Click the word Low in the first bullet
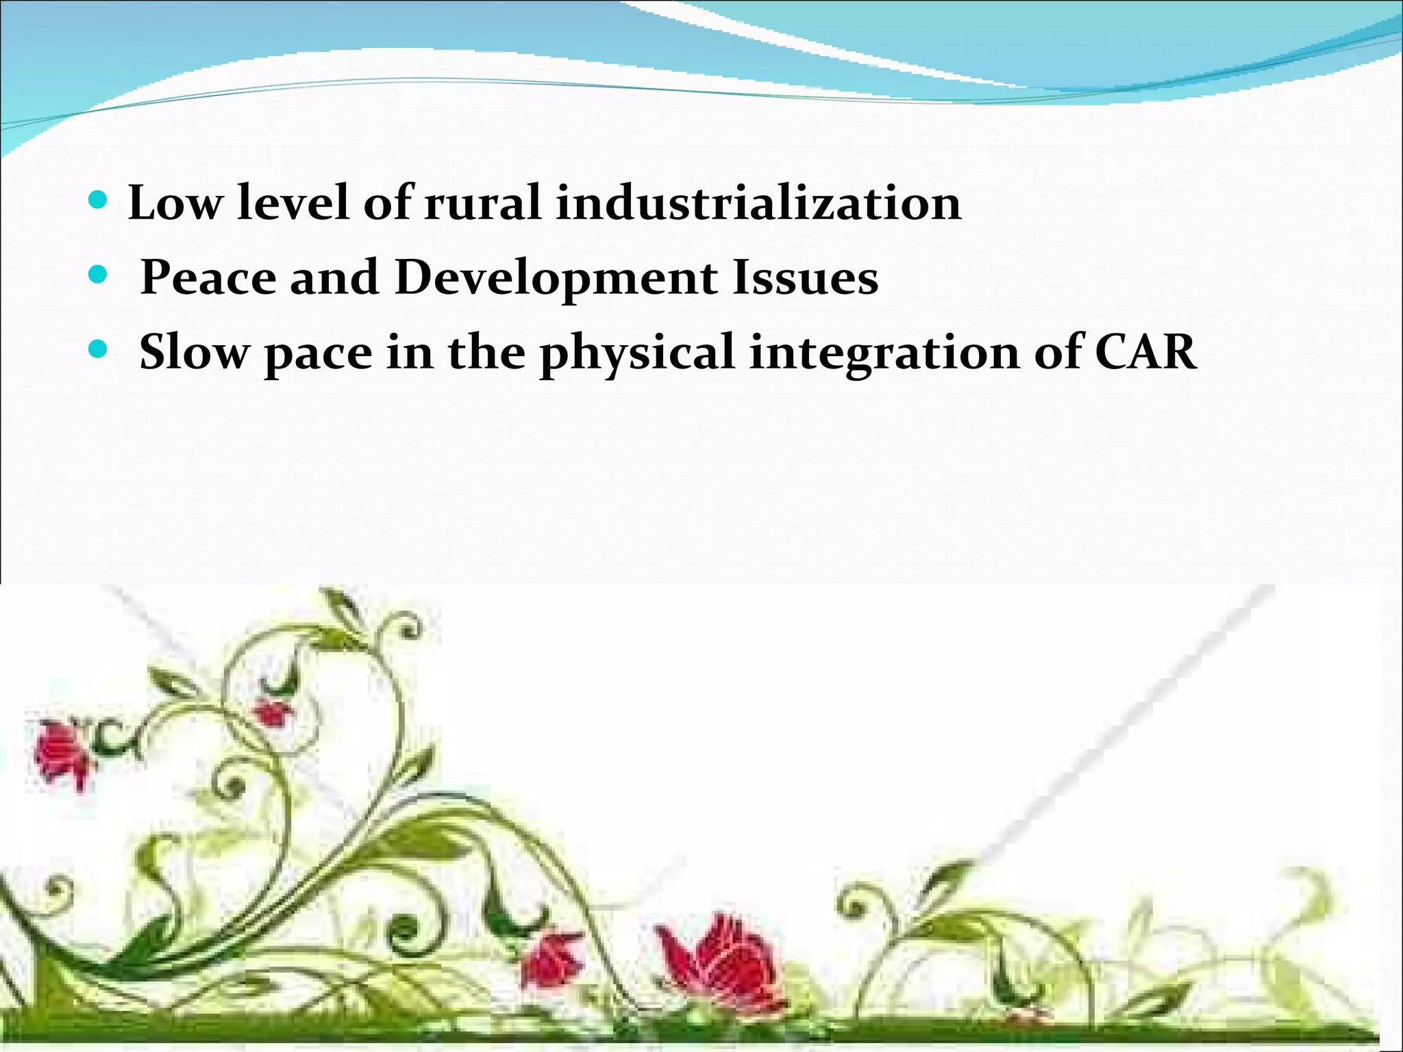175,203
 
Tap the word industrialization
758,203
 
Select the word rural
482,203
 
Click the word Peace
208,278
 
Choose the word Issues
806,278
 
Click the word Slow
195,352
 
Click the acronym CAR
1146,352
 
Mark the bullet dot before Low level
99,201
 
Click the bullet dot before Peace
99,275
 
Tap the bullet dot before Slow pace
99,350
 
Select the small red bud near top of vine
273,712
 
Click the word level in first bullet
293,203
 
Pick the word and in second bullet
334,278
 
